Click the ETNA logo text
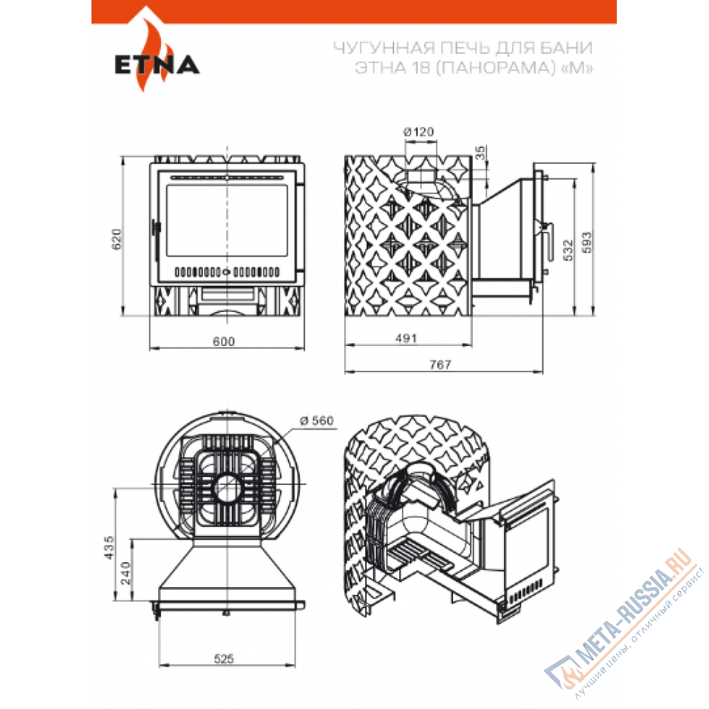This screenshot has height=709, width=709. (157, 65)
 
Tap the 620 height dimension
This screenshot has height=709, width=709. (117, 239)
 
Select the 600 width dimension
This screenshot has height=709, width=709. (224, 342)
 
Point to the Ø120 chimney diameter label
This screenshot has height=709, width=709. (419, 132)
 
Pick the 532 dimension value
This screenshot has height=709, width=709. (569, 250)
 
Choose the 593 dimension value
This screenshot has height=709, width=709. (586, 242)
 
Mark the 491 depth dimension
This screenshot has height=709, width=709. (406, 338)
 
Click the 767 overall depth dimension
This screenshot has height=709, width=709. (440, 364)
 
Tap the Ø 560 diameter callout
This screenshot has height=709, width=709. (317, 420)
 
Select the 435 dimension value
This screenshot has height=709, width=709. (109, 547)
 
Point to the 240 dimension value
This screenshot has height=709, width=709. (126, 574)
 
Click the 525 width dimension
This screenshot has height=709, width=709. (224, 659)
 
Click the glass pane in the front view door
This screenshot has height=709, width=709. (227, 220)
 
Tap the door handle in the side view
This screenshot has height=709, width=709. (549, 242)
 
